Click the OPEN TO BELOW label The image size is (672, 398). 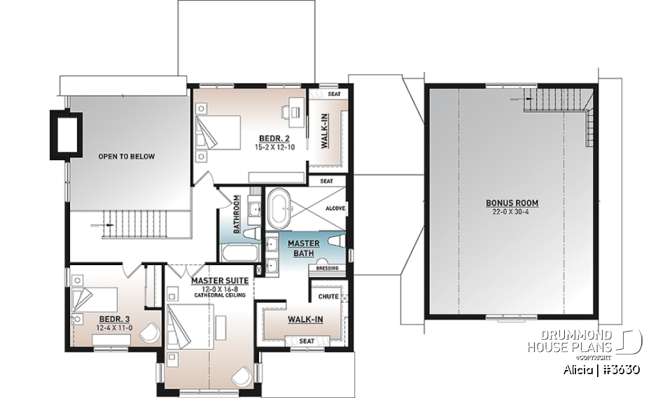[126, 157]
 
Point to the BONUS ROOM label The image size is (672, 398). [512, 204]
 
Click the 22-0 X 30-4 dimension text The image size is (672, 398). [512, 212]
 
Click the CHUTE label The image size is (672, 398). [328, 297]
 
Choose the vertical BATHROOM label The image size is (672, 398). [237, 214]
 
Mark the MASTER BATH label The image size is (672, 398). [304, 248]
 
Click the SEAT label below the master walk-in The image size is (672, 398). [305, 341]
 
